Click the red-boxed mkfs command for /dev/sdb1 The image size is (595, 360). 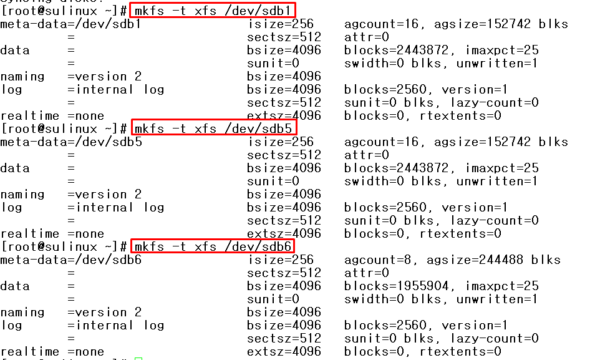pyautogui.click(x=213, y=11)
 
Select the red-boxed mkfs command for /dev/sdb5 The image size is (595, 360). pyautogui.click(x=213, y=129)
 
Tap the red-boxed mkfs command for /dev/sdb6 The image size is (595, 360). pyautogui.click(x=213, y=246)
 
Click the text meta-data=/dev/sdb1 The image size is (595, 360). pyautogui.click(x=70, y=24)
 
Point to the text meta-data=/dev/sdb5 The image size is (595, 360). pyautogui.click(x=70, y=142)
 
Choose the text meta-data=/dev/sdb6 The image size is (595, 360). pyautogui.click(x=70, y=260)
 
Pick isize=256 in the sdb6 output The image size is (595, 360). pyautogui.click(x=280, y=260)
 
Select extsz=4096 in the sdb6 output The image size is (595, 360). pyautogui.click(x=284, y=352)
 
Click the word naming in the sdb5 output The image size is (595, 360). pyautogui.click(x=22, y=195)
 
